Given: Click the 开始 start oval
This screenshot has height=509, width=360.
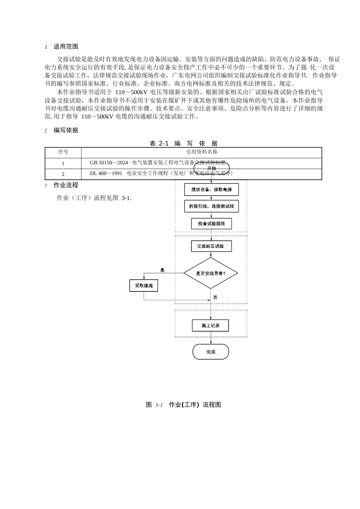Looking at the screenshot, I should coord(211,168).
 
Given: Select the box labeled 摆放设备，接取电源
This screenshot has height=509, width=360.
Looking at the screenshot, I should coord(211,190).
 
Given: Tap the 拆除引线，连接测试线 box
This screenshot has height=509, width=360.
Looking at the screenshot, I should coord(211,206).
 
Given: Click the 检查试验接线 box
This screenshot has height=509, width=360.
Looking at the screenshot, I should coord(211,224).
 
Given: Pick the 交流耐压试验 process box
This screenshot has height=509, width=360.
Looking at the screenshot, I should coord(211,246).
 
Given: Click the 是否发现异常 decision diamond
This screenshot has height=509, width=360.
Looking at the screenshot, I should coord(211,273).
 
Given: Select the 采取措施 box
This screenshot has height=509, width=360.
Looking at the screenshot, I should coord(144,285).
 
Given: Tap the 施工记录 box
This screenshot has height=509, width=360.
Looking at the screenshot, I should coord(210,326).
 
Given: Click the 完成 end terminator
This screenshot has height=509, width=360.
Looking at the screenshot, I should coord(211,352).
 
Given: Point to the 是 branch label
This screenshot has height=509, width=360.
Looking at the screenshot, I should coord(163,270).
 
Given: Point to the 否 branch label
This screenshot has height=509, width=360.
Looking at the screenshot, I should coord(215,298).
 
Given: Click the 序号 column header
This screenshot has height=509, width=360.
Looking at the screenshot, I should coord(63,152).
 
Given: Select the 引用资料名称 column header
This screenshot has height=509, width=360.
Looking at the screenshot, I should coord(202,152).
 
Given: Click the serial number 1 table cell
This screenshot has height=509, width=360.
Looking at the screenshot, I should coord(63,163).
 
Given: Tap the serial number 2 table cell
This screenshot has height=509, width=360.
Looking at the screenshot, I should coord(63,174).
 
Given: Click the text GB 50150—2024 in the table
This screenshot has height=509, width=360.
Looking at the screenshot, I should coord(109,163).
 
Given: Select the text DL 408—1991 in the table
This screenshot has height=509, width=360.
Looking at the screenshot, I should coord(106,173).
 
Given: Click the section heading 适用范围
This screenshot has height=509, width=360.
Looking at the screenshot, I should coord(66,47).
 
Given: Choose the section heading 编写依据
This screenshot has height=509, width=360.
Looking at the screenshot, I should coord(66,130).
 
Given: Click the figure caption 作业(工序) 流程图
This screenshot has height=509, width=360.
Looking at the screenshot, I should coord(195,405).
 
